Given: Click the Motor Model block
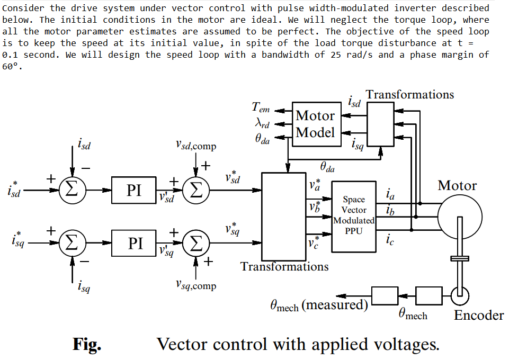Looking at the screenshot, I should coord(315,124).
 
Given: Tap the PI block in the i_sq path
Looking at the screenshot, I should coord(134,243).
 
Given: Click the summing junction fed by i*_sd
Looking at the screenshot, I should coord(71,191).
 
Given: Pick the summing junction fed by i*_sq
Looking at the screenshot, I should coord(71,243).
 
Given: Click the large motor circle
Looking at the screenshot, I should coord(460,216).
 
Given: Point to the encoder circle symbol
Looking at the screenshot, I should coord(459,295).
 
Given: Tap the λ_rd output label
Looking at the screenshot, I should coord(262,124).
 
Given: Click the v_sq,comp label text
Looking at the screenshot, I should coord(195,285).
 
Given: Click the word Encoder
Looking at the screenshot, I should coord(479,316).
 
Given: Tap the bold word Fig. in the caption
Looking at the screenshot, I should coord(87,345).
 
